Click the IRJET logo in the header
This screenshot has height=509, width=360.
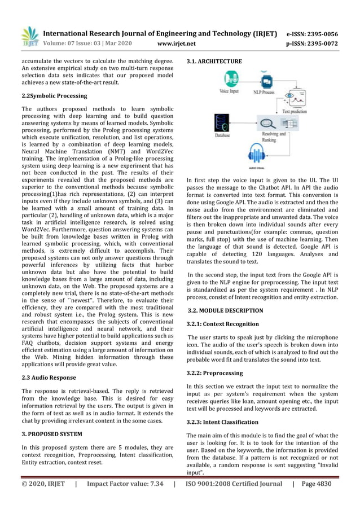click(29, 37)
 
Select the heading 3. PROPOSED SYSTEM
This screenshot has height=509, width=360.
click(52, 434)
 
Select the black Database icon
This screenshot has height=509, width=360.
click(222, 122)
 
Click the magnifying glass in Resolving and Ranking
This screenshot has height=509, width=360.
click(265, 122)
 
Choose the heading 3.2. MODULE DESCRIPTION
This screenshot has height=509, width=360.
click(225, 310)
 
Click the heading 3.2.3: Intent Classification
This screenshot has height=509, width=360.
click(222, 422)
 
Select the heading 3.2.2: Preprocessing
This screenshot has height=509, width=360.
click(214, 373)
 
